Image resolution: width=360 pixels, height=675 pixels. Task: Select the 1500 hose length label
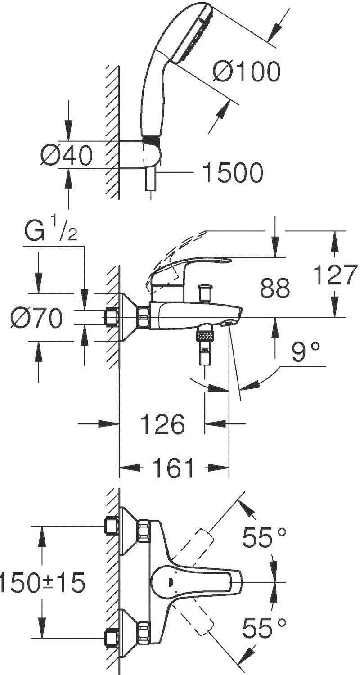click(233, 173)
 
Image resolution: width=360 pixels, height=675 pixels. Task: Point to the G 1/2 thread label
click(50, 231)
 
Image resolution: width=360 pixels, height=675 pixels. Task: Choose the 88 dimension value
click(275, 288)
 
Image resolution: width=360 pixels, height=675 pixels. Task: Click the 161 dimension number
click(173, 468)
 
